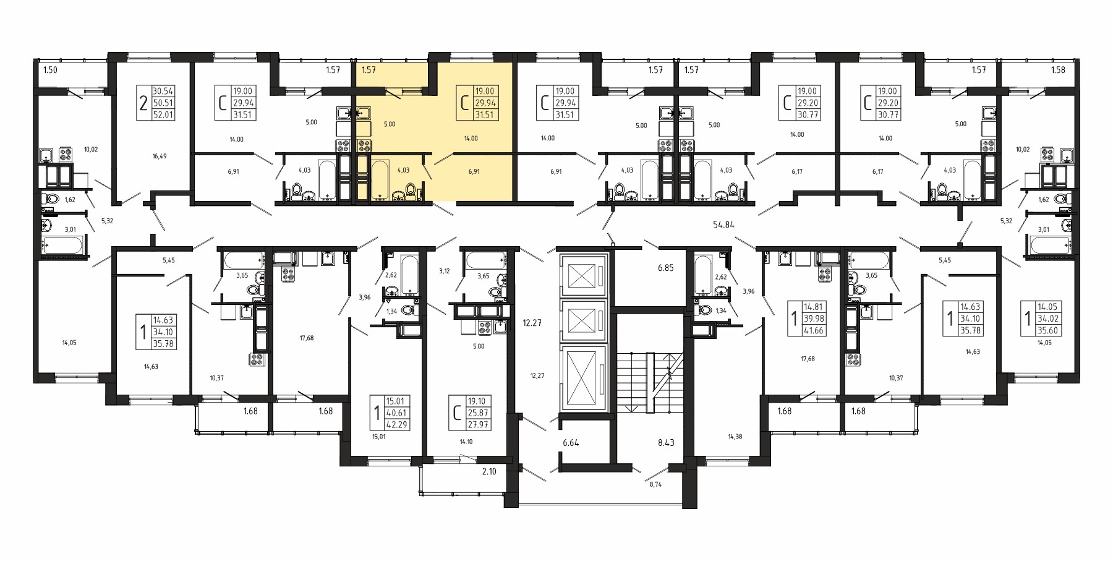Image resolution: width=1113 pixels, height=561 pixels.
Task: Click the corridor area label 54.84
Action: pos(723,225)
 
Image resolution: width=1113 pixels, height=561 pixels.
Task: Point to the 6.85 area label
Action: pos(665,268)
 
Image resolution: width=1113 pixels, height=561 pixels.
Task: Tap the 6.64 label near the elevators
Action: pos(571,443)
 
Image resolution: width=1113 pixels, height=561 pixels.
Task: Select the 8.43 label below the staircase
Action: pos(666,443)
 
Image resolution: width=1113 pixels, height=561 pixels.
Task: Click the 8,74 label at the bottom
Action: pos(655,484)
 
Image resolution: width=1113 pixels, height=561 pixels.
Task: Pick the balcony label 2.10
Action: pos(489,471)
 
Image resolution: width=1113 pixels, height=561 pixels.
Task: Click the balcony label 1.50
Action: pos(50,70)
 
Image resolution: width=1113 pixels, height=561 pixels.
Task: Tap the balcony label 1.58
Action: pos(1058,70)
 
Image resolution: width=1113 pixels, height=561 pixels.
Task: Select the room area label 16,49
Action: pos(159,156)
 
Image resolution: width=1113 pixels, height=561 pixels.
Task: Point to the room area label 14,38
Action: pos(735,437)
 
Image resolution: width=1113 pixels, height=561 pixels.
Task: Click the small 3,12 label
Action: pos(445,271)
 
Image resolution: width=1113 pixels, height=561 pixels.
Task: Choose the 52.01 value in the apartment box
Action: pos(163,115)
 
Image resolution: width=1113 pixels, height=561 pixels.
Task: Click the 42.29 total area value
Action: pos(396,425)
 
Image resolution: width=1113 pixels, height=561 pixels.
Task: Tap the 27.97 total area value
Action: pos(478,425)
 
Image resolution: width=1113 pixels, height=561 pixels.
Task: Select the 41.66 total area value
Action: pos(814,330)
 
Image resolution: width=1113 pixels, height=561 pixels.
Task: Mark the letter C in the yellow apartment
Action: pos(464,103)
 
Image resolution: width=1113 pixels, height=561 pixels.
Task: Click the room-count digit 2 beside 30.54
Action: pos(143,103)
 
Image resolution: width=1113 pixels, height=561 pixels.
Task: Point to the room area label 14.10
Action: pos(466,442)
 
